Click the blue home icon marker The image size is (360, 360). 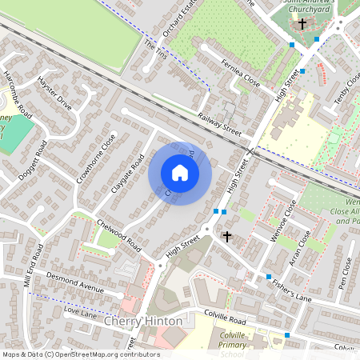click(x=180, y=173)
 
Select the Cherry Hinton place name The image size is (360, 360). click(x=150, y=321)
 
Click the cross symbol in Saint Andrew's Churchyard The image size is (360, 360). click(x=302, y=24)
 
